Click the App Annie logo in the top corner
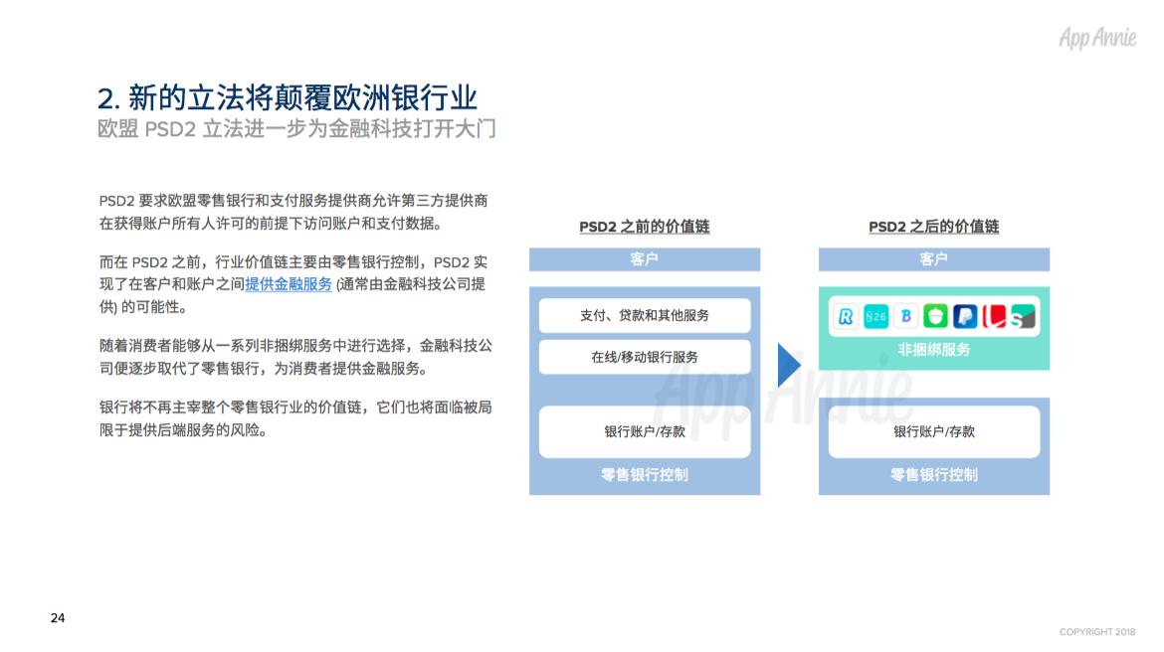point(1096,38)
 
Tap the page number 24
point(58,618)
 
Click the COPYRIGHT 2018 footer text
point(1097,632)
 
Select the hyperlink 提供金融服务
point(289,284)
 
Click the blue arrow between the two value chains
point(788,366)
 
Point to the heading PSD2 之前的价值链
point(645,227)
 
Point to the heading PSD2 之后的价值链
point(933,227)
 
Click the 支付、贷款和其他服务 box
point(645,315)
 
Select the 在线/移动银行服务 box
point(645,357)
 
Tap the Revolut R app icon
point(847,316)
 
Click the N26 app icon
point(876,316)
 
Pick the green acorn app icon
point(935,316)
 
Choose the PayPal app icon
point(964,316)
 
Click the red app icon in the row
point(994,316)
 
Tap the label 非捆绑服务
point(933,350)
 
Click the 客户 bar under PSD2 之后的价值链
point(933,259)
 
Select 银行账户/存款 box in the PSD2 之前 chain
point(645,431)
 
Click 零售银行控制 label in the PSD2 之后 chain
point(933,474)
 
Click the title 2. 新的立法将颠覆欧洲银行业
point(288,97)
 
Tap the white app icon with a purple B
point(905,316)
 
